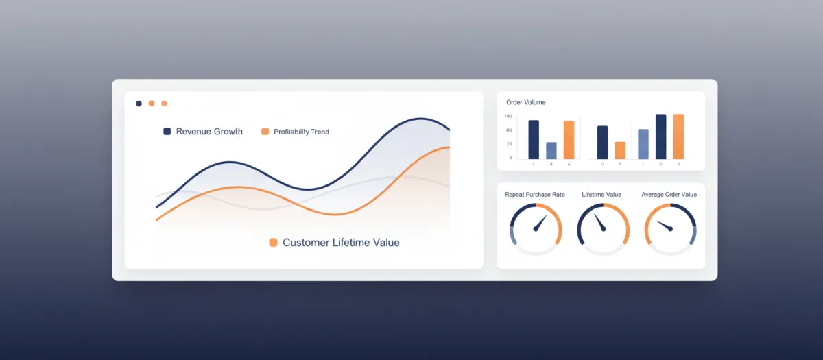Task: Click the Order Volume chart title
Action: point(525,102)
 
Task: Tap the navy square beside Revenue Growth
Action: point(167,131)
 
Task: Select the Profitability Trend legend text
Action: point(301,132)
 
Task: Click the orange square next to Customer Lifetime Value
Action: point(273,242)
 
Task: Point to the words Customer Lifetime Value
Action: point(341,242)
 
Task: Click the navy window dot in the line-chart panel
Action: point(139,104)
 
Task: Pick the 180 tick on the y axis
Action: point(508,117)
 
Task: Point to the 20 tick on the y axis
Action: point(509,144)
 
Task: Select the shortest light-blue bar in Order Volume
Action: point(551,150)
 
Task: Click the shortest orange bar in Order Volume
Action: point(620,150)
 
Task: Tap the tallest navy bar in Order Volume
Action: point(661,136)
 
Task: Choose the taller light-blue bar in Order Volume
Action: point(643,144)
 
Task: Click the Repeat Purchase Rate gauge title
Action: point(535,195)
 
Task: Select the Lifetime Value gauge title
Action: point(601,195)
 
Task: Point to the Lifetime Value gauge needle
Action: point(601,223)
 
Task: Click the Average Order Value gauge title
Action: point(669,195)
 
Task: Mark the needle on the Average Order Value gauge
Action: point(664,226)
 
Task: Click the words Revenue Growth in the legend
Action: point(209,131)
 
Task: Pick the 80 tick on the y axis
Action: point(509,130)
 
